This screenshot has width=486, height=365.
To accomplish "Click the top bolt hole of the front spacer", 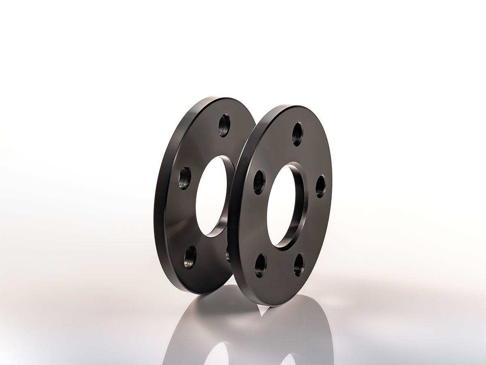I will click(298, 134).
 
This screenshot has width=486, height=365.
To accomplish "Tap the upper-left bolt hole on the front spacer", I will click(259, 182).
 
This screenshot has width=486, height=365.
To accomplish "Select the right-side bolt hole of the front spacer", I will click(320, 186).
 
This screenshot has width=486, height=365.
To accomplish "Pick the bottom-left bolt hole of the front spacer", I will click(260, 265).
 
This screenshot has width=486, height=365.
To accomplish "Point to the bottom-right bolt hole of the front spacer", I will click(299, 264).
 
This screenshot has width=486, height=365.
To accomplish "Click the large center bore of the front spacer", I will click(281, 205).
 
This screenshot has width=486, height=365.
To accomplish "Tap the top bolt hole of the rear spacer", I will click(224, 125).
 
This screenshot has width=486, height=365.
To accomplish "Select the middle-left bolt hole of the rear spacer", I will click(185, 178).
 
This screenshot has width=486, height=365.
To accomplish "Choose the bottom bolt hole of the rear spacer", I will click(190, 257).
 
